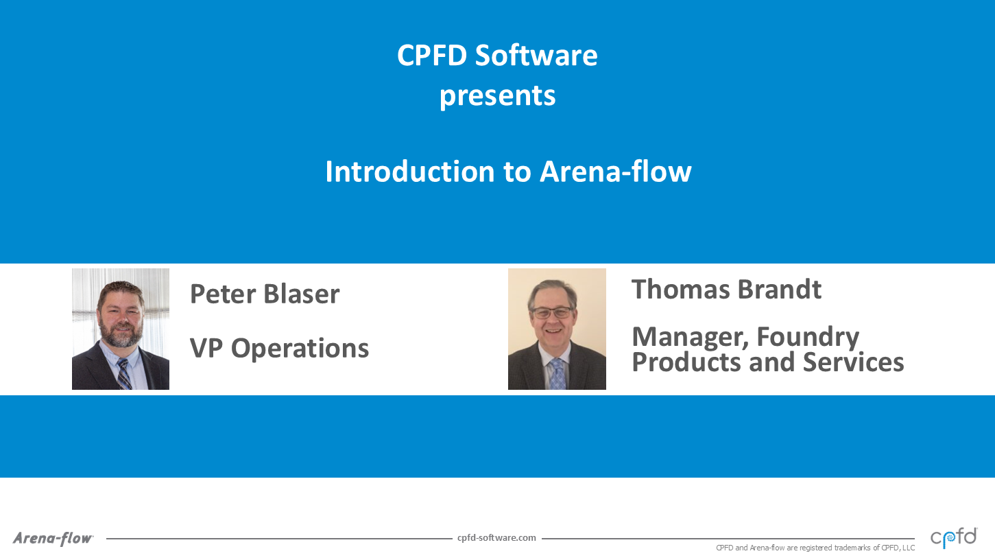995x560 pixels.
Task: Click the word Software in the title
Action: (x=536, y=56)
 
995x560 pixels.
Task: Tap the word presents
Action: (x=498, y=97)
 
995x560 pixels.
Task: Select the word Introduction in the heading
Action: (x=410, y=172)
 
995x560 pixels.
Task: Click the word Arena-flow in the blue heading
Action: (x=616, y=172)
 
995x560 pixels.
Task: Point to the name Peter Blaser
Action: (x=265, y=294)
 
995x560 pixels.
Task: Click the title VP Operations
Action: (x=279, y=348)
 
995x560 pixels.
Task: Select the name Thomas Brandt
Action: (x=727, y=290)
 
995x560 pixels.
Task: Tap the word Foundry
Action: (x=808, y=338)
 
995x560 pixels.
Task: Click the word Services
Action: (x=853, y=362)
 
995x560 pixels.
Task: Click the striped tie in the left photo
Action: (x=123, y=374)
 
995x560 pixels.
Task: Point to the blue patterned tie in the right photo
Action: (x=557, y=374)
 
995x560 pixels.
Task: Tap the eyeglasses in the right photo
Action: (x=553, y=313)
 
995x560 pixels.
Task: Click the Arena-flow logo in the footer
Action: (x=53, y=538)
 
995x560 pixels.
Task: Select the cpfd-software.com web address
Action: (x=496, y=538)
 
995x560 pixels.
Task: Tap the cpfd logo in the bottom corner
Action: (x=954, y=537)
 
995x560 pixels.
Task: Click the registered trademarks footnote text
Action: (x=815, y=548)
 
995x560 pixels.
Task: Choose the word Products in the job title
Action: (x=686, y=362)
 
